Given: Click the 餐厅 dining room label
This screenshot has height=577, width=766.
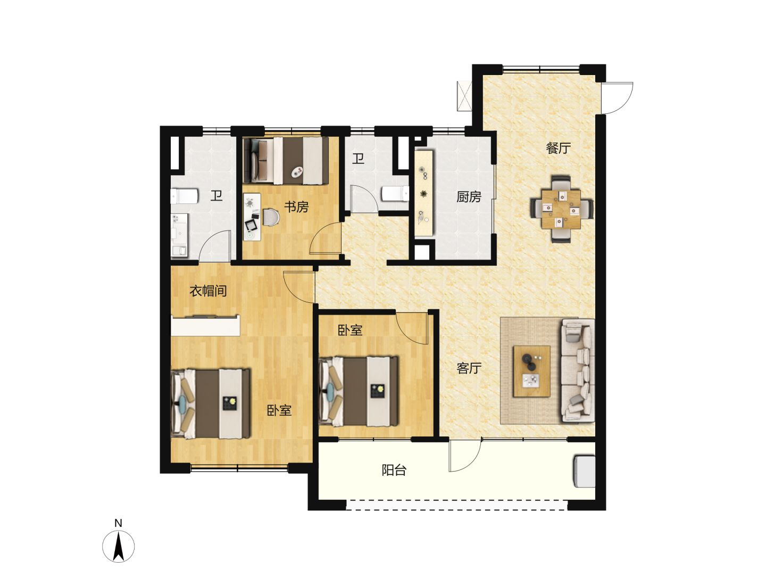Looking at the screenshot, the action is click(x=558, y=149).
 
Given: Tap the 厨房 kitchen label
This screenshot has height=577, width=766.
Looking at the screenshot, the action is click(x=469, y=197).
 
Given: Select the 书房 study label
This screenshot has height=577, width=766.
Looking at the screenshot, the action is click(x=296, y=207).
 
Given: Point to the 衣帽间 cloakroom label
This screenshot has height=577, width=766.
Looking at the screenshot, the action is click(x=208, y=291).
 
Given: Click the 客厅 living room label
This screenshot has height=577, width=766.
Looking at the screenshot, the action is click(x=469, y=368).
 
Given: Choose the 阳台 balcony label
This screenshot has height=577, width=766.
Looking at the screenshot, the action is click(x=394, y=470).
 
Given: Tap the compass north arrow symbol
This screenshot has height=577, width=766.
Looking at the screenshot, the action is click(x=118, y=546).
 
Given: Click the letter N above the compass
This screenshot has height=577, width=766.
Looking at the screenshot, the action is click(x=118, y=523).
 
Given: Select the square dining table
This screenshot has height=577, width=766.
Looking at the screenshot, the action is click(x=562, y=209).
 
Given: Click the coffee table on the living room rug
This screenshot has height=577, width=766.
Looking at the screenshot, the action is click(x=531, y=371).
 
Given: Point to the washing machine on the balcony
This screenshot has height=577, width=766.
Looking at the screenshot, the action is click(x=585, y=471).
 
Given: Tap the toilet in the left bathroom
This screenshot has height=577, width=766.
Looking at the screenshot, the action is click(x=184, y=196).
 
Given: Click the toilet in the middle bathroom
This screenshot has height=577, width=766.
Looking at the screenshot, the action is click(x=395, y=193).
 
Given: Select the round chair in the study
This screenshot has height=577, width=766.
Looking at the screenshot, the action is click(x=271, y=217).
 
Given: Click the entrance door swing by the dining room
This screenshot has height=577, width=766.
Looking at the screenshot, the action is click(x=618, y=98).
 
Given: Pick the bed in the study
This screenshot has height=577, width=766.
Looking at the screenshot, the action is click(x=286, y=160).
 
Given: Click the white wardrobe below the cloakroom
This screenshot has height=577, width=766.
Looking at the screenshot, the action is click(x=205, y=325).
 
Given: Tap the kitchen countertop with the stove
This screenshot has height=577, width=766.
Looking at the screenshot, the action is click(x=423, y=193).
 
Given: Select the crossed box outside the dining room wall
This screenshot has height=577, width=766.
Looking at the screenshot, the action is click(x=464, y=96).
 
